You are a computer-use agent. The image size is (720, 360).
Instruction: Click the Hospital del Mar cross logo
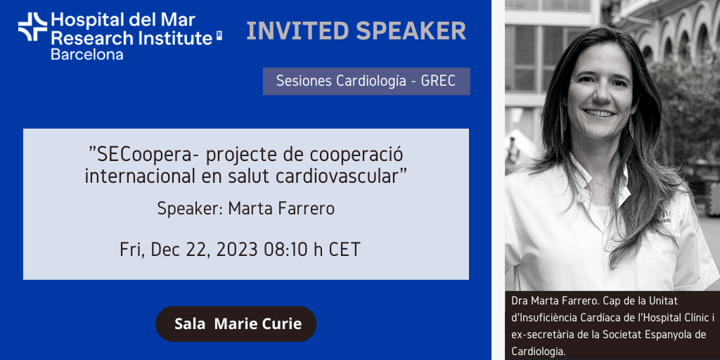point(32,27)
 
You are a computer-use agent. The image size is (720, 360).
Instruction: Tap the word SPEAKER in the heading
point(411,31)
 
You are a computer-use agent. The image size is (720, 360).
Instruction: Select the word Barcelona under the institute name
point(86,54)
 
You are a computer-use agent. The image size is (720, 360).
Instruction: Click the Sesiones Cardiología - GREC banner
point(366,82)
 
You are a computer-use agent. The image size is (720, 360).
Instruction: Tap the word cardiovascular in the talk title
point(336,176)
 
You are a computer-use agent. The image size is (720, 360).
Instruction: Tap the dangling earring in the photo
point(631,127)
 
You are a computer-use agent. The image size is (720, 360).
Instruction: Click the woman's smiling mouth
point(600,112)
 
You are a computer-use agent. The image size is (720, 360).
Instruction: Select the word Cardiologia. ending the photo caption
point(538,352)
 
